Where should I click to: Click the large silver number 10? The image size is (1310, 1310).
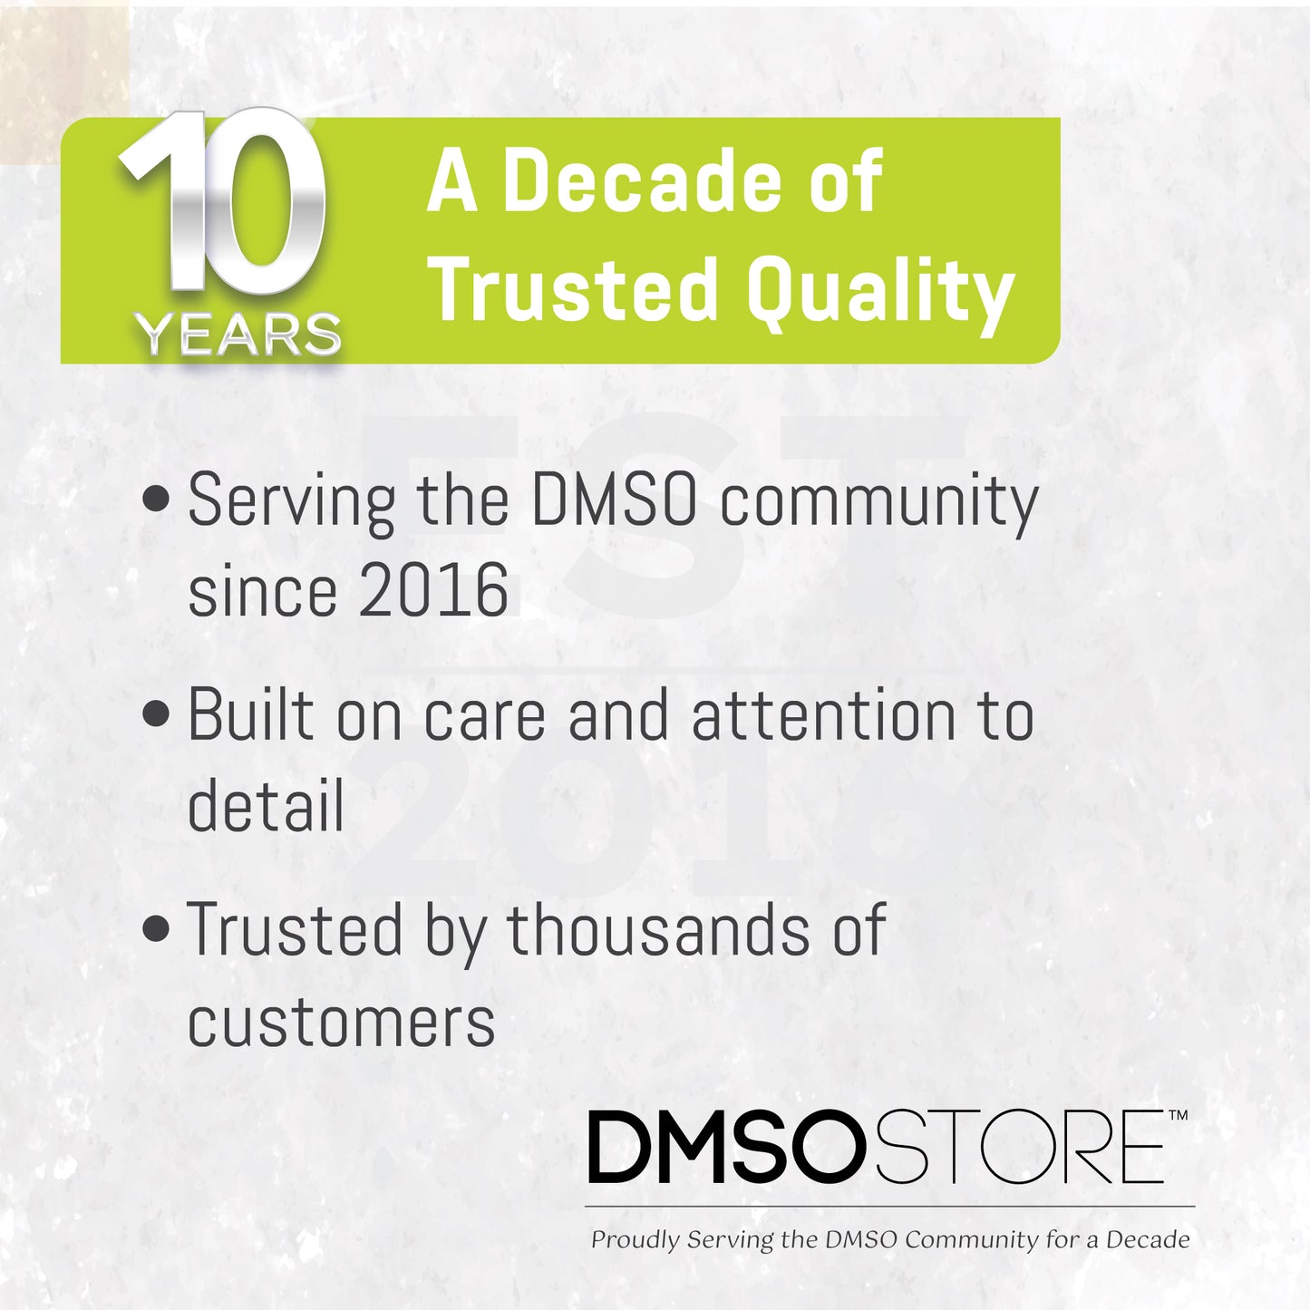tap(223, 204)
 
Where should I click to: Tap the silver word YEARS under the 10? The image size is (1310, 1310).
tap(239, 335)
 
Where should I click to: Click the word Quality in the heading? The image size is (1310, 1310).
tap(879, 290)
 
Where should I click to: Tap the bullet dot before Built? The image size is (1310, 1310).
tap(157, 713)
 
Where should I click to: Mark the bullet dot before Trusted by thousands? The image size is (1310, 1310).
tap(157, 928)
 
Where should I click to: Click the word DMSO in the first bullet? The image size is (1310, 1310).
tap(614, 500)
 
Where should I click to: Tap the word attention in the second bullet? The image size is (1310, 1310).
tap(823, 715)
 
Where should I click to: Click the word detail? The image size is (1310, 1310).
tap(266, 805)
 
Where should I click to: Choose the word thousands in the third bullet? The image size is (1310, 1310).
tap(657, 930)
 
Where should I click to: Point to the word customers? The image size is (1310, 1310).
tap(341, 1023)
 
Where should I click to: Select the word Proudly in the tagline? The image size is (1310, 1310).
tap(635, 1240)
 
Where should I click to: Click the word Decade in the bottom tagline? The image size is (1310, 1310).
tap(1148, 1239)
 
